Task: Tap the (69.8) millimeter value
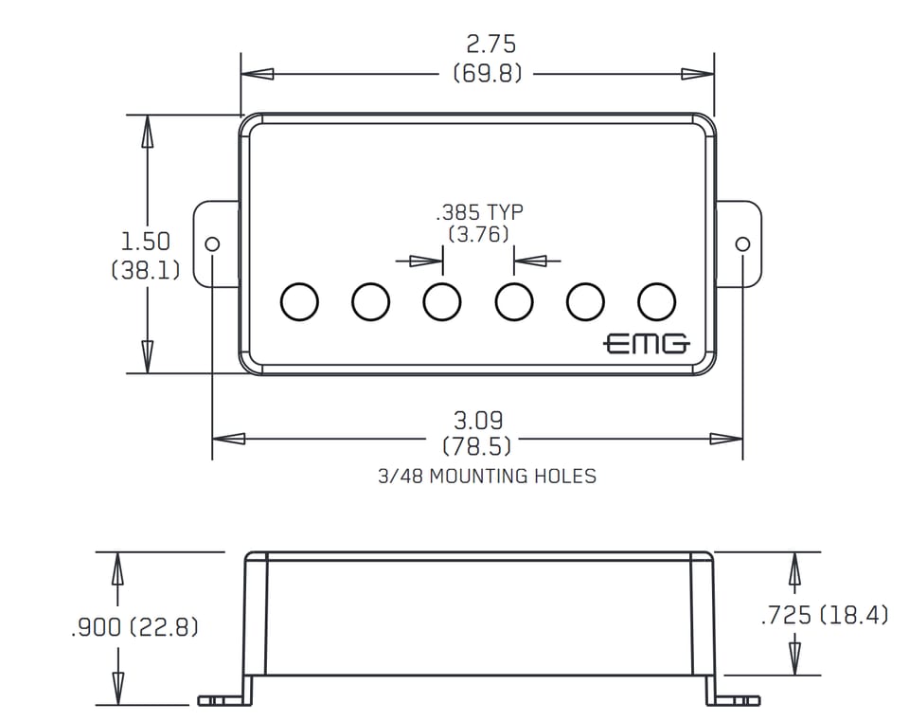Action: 488,74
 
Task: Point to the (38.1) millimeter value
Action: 146,270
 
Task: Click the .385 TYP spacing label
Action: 479,211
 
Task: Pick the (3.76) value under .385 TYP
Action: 478,234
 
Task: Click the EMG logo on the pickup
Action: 647,344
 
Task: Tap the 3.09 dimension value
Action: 478,419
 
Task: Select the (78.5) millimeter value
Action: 477,445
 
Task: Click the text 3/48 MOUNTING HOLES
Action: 487,476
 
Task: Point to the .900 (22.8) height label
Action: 134,627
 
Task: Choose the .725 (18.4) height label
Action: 824,615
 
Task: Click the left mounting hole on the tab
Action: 213,243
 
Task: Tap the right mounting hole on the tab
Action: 742,243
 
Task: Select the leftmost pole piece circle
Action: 299,302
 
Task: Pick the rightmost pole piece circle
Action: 656,302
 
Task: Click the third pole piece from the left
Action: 442,302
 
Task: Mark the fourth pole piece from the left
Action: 514,302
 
